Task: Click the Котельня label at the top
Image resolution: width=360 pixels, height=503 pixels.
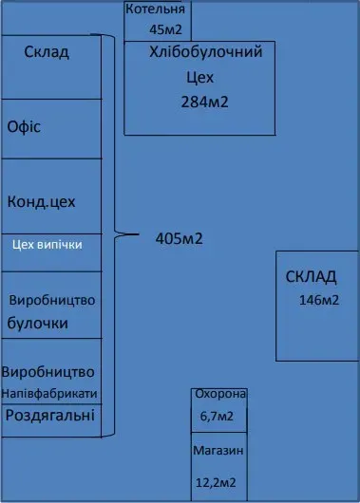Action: [x=159, y=9]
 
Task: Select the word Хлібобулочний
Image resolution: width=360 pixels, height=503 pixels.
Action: [x=205, y=53]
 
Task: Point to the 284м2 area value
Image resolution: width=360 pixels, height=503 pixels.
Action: [x=204, y=102]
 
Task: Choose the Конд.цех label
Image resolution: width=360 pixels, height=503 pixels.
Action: [x=41, y=202]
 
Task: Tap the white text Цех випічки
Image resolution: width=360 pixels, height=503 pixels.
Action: [x=47, y=244]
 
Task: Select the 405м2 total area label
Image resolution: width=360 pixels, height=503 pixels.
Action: [x=179, y=238]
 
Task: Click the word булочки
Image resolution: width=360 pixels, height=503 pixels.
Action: [x=38, y=323]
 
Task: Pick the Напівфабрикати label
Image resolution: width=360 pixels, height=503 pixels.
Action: [x=51, y=393]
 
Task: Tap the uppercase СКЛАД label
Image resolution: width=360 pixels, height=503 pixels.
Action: [x=311, y=277]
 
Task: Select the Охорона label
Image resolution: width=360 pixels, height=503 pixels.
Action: [x=219, y=394]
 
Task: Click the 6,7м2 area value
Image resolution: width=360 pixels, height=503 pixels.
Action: [x=218, y=416]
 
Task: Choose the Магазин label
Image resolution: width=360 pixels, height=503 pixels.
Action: [x=218, y=451]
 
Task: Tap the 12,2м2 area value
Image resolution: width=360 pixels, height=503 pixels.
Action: [x=216, y=484]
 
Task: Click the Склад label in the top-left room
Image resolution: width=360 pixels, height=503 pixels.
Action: [x=46, y=52]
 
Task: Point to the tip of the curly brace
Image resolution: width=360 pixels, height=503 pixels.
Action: [x=140, y=233]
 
